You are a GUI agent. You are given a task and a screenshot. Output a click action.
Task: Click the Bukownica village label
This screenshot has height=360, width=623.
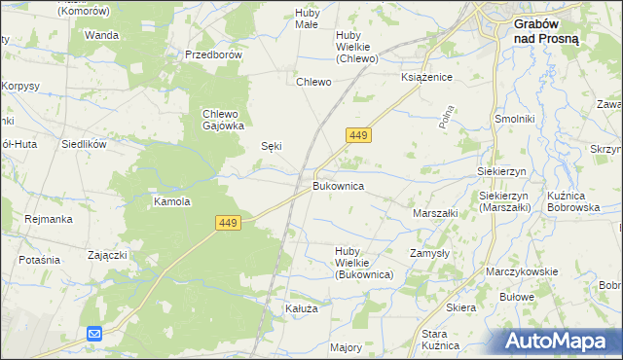pos(338,185)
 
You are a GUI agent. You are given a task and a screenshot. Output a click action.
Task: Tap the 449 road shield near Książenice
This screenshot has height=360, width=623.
pos(356,137)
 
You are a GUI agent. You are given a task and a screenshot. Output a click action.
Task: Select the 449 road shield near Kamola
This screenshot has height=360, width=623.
pos(228,224)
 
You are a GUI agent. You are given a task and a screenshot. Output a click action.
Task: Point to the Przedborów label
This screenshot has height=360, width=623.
pos(213,55)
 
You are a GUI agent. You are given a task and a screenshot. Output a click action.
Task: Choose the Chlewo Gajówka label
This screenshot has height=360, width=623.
pos(223,119)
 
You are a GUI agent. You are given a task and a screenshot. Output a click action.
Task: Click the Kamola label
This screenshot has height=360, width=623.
pos(171,202)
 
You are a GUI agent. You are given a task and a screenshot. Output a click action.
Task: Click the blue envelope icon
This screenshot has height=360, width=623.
pos(93,334)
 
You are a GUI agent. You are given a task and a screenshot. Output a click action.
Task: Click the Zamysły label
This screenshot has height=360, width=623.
pos(430,252)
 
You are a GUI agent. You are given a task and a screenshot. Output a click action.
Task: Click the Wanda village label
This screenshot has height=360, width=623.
pos(101,35)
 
